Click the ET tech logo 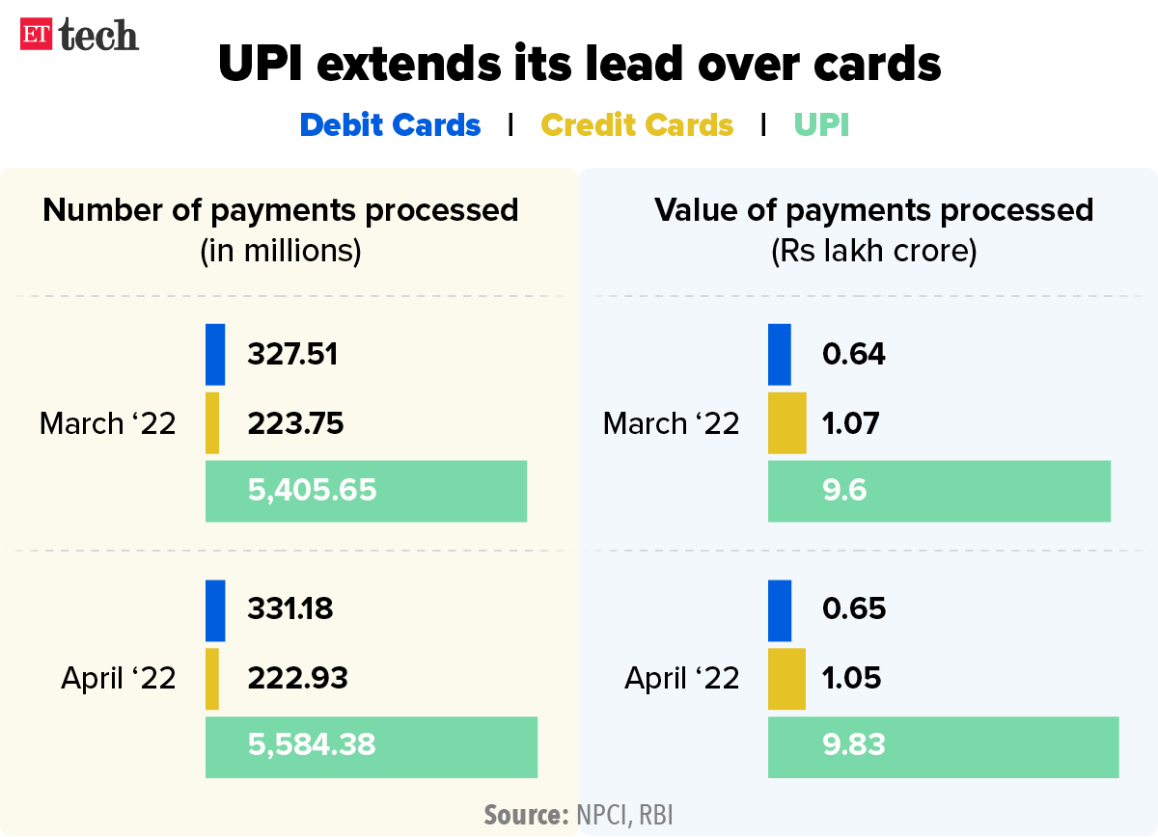click(80, 36)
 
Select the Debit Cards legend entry click(390, 125)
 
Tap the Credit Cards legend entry click(637, 125)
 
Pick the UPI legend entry click(821, 125)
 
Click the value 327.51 click(292, 354)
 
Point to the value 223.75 click(295, 423)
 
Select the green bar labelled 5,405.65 click(366, 491)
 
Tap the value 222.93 click(297, 678)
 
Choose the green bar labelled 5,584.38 click(371, 746)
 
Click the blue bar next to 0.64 click(779, 354)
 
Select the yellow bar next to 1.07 click(786, 423)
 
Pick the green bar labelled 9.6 click(939, 491)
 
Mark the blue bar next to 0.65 click(779, 609)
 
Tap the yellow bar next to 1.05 click(786, 678)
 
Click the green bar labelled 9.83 click(943, 746)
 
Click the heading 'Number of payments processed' click(281, 210)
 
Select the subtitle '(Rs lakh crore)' click(873, 252)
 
